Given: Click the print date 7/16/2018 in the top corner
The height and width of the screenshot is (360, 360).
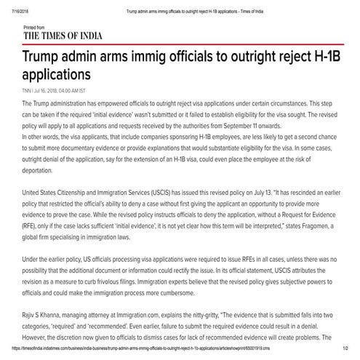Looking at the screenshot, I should [11, 5].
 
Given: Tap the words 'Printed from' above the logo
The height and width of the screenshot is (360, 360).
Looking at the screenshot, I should [34, 26].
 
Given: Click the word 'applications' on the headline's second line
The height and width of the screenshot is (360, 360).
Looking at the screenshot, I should [57, 75].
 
